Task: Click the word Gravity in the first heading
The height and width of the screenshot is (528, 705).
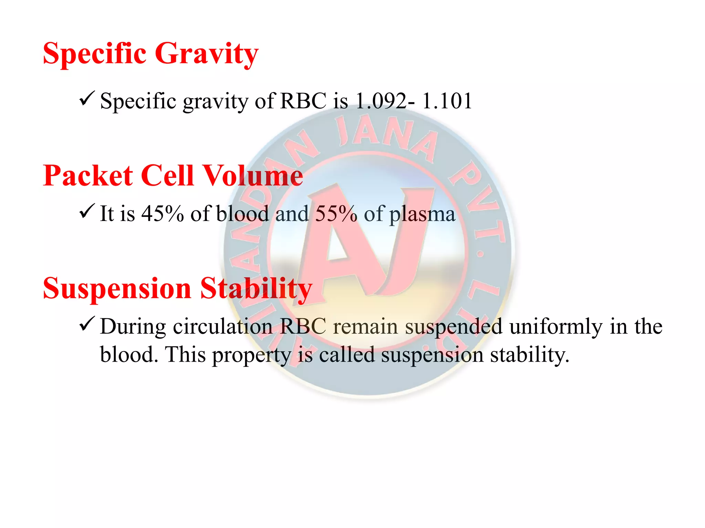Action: [x=206, y=54]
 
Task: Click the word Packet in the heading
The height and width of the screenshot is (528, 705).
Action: [x=88, y=176]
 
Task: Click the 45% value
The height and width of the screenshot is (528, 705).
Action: [x=162, y=213]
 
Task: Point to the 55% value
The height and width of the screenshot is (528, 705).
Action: [x=336, y=213]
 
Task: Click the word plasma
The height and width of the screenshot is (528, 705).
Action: [x=422, y=215]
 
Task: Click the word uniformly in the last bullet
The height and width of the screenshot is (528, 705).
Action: [x=556, y=327]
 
